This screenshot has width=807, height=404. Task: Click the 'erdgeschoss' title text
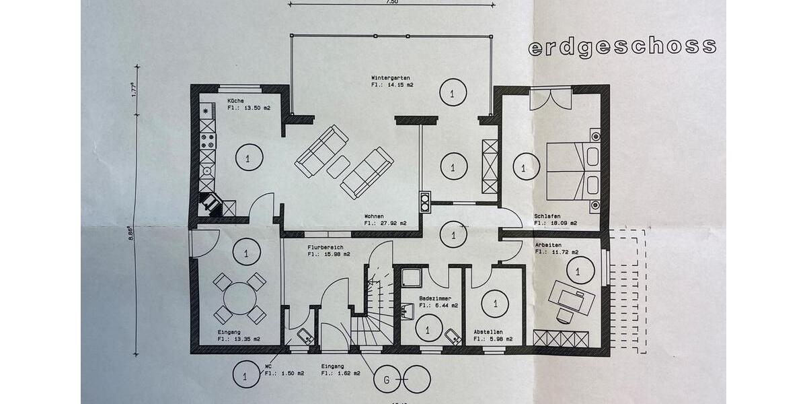tap(621, 47)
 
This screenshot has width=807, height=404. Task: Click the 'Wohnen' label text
tap(375, 216)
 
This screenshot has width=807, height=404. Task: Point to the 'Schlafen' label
tap(547, 216)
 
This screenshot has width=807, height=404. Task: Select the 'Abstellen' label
tap(488, 332)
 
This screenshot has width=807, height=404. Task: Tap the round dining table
tap(239, 298)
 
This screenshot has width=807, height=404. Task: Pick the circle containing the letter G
tap(387, 379)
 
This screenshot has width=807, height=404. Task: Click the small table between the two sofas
tap(339, 166)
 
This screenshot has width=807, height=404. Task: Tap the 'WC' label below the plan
tap(268, 367)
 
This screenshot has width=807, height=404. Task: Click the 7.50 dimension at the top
tap(392, 2)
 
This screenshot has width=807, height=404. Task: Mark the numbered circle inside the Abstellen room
tap(496, 303)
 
